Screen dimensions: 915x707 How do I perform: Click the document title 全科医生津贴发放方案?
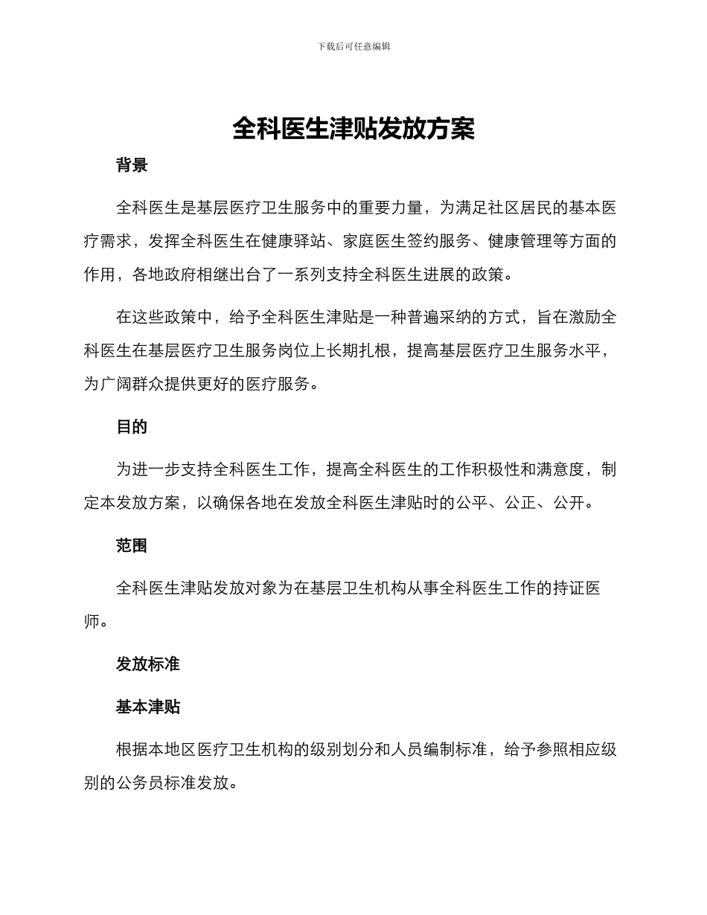tap(353, 129)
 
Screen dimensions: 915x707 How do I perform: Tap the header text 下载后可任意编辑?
tap(353, 46)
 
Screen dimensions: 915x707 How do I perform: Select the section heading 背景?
tap(132, 165)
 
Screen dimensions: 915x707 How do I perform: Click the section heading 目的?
tap(132, 427)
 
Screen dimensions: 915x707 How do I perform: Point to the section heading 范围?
tap(132, 545)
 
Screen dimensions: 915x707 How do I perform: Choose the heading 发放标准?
tap(147, 664)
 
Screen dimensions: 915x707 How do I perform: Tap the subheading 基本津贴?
tap(147, 707)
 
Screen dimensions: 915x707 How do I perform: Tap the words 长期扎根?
tap(359, 351)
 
